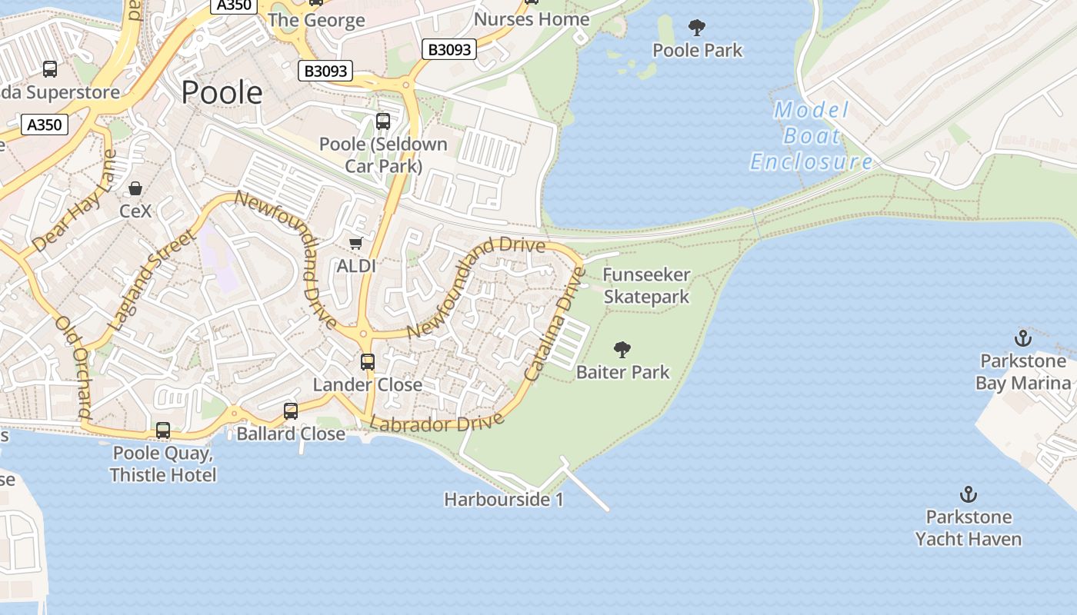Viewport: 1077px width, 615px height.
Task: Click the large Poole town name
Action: click(x=222, y=92)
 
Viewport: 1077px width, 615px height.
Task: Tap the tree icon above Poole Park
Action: click(x=697, y=28)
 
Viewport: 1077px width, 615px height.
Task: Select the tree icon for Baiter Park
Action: click(x=622, y=351)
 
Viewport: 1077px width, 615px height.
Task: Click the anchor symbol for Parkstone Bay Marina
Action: click(x=1022, y=337)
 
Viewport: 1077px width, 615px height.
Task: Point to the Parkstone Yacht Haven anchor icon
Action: click(x=968, y=494)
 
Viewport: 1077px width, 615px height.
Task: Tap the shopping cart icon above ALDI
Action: click(x=355, y=244)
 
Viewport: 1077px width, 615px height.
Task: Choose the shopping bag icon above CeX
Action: click(x=135, y=188)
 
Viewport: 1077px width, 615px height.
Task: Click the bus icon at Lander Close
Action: click(x=368, y=362)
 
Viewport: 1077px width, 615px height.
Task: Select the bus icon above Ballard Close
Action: click(x=290, y=411)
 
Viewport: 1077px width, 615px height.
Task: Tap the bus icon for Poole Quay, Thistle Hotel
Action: click(x=163, y=430)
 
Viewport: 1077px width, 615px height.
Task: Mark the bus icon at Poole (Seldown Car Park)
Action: click(x=382, y=121)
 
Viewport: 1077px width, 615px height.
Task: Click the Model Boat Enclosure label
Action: click(x=812, y=136)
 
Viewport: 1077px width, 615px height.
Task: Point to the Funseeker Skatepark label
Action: click(x=646, y=285)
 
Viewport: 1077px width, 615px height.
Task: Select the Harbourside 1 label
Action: click(x=504, y=500)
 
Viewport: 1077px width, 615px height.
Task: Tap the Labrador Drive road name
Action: click(x=437, y=422)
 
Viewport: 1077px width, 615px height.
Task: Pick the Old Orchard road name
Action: click(x=74, y=366)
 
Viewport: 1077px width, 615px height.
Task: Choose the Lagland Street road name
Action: click(x=151, y=281)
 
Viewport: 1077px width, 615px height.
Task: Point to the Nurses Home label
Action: click(x=532, y=19)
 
